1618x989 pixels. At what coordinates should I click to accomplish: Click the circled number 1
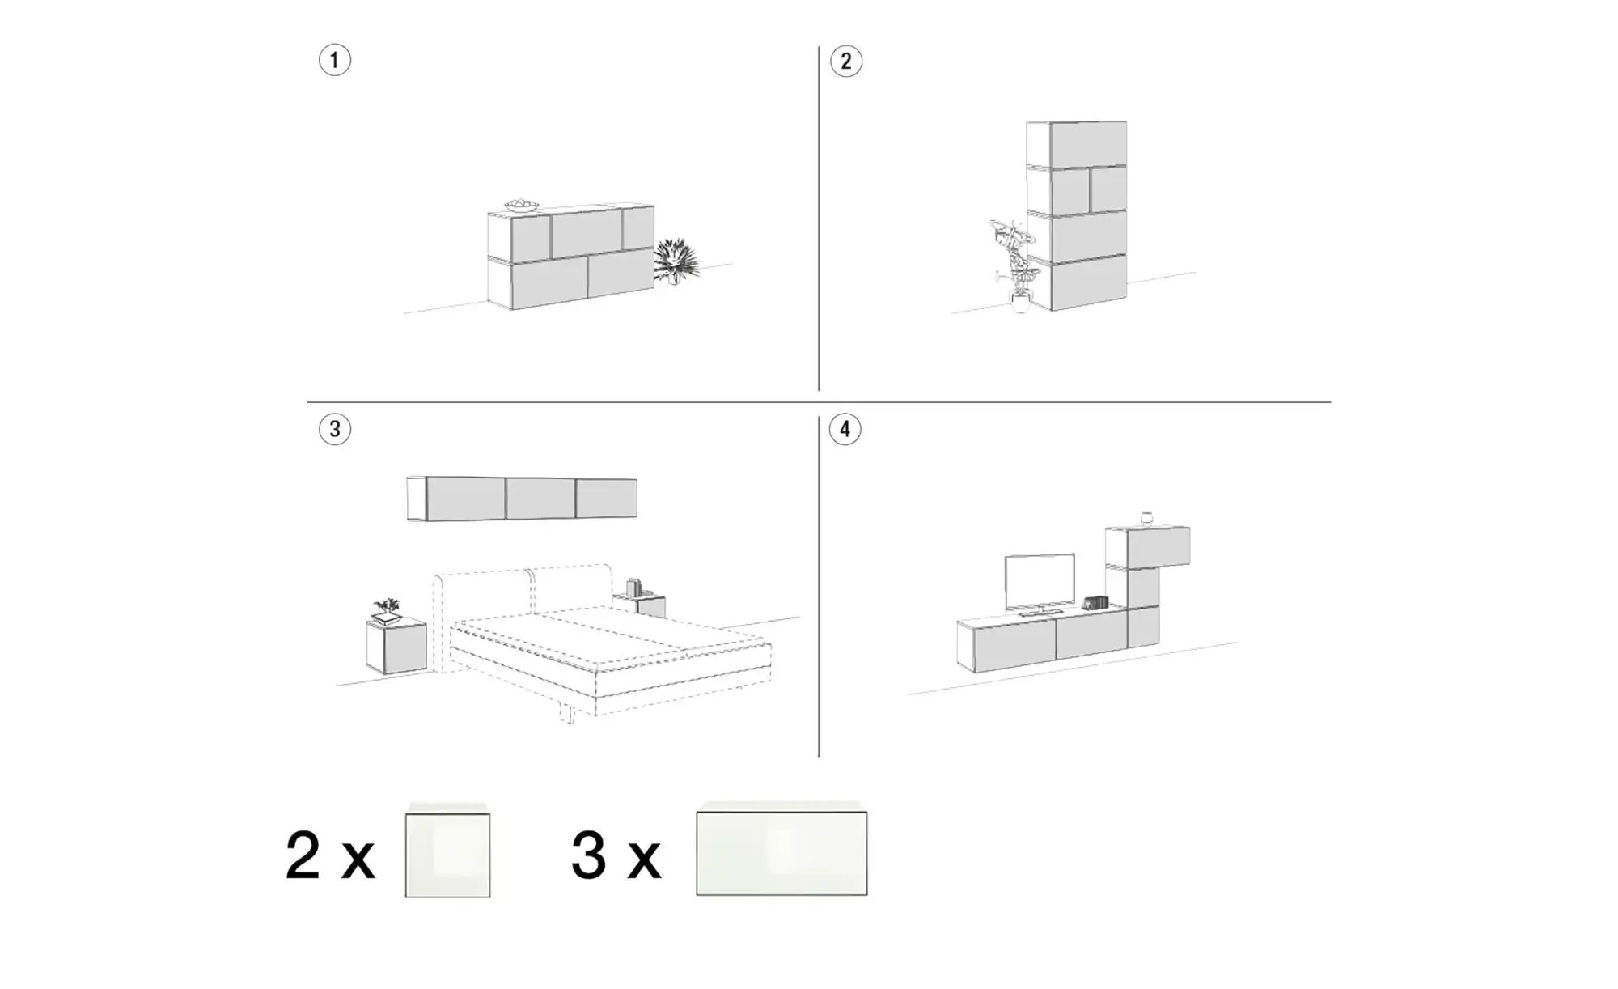tap(335, 61)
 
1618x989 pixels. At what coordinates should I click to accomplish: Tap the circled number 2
tap(846, 62)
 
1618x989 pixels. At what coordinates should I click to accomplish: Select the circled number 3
tap(335, 429)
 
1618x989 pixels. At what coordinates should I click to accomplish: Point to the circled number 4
tap(845, 429)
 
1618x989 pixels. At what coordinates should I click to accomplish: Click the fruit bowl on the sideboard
tap(522, 206)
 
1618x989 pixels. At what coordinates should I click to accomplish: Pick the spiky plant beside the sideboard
tap(676, 261)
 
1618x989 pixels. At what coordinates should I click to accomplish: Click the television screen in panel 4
tap(1040, 582)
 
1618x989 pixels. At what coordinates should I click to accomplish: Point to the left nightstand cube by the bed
tap(396, 646)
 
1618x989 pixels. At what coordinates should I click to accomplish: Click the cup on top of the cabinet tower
tap(1146, 518)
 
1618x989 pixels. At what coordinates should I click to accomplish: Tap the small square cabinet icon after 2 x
tap(447, 850)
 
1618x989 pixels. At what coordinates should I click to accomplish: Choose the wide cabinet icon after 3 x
tap(781, 849)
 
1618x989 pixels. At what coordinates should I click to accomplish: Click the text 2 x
tap(330, 855)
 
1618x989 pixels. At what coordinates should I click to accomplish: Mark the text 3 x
tap(616, 855)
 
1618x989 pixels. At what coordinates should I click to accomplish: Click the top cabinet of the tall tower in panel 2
tap(1077, 143)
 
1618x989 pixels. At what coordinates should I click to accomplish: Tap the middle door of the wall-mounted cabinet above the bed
tap(540, 498)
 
